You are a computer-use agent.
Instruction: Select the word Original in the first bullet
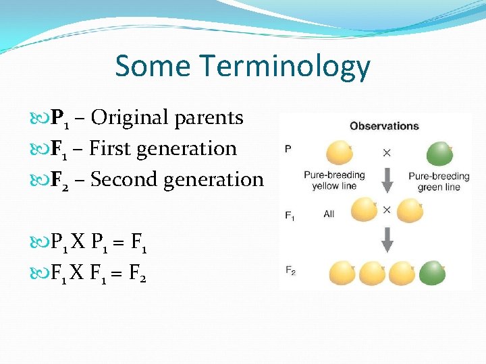[130, 117]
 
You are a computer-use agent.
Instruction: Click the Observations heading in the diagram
[383, 126]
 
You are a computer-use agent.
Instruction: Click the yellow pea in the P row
[339, 153]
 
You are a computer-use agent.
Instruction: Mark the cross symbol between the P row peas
[387, 153]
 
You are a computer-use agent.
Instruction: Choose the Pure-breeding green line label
[439, 182]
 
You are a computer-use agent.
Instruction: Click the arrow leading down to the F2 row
[387, 239]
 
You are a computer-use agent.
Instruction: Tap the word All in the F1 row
[329, 214]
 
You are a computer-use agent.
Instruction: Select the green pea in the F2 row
[432, 273]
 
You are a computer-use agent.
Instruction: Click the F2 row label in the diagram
[290, 271]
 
